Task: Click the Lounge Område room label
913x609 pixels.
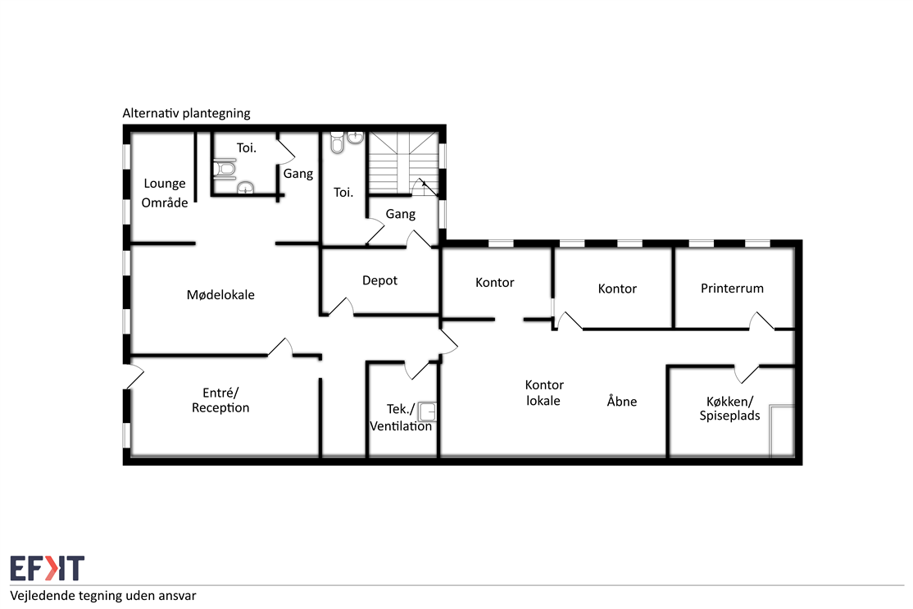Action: point(165,193)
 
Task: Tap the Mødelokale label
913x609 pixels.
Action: point(220,294)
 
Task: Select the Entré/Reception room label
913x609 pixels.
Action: point(220,400)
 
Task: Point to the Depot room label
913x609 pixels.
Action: point(379,280)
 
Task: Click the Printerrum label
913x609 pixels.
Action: point(732,289)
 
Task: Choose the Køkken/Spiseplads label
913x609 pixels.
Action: point(729,408)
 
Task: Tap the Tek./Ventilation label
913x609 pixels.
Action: point(401,417)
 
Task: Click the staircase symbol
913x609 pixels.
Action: point(403,163)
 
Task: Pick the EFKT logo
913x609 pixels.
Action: point(48,568)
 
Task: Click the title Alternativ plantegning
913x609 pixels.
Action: point(186,113)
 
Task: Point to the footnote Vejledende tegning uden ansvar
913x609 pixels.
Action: point(103,596)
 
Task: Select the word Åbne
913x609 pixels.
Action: point(622,401)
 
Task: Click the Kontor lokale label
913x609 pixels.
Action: point(544,393)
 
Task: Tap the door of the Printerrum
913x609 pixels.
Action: point(761,321)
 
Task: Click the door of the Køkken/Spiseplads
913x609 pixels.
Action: point(747,374)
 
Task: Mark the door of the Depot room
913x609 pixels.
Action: point(342,307)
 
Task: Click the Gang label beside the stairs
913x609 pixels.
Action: point(401,214)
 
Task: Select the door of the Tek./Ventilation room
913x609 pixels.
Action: point(417,370)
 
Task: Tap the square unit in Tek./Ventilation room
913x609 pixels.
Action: point(427,411)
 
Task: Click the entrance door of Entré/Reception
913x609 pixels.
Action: point(134,377)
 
